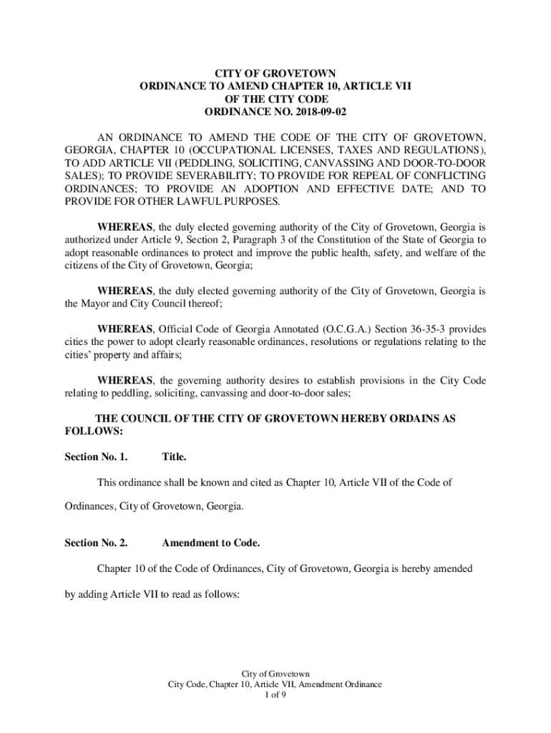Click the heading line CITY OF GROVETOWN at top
click(x=275, y=73)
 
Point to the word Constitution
click(x=351, y=240)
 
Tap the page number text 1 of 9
click(x=275, y=694)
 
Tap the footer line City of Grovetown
click(x=275, y=674)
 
